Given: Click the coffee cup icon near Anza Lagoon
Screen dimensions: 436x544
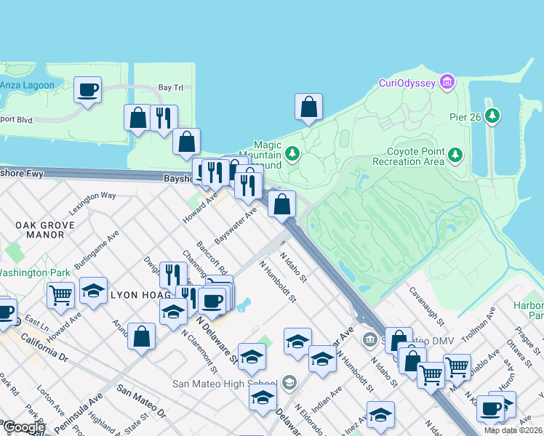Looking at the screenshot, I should pyautogui.click(x=88, y=91).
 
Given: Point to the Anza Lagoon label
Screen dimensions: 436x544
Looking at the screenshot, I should pyautogui.click(x=27, y=85).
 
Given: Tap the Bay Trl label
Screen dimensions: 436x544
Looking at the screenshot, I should pyautogui.click(x=170, y=87).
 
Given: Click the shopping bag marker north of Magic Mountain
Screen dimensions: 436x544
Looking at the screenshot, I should pyautogui.click(x=308, y=107).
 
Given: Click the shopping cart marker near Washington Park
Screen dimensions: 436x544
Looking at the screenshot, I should pyautogui.click(x=60, y=295).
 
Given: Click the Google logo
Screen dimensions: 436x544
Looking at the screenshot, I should pyautogui.click(x=23, y=427).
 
